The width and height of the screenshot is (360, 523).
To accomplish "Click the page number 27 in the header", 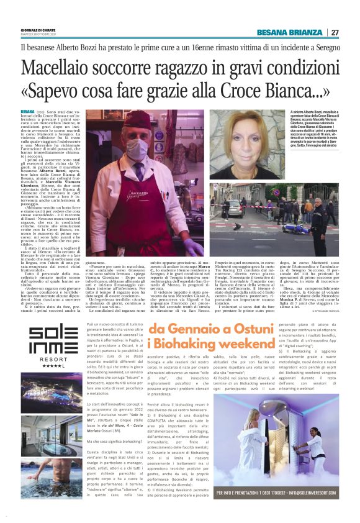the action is (x=335, y=32).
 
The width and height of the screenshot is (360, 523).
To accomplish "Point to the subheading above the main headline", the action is (x=180, y=46).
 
